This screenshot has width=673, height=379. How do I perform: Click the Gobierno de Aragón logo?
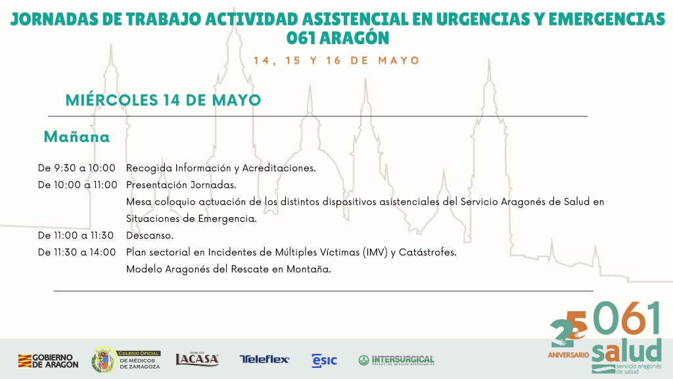pos(48,361)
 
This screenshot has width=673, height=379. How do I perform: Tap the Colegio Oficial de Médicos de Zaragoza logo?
pos(126,360)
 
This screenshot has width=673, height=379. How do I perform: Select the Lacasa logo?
pos(197,359)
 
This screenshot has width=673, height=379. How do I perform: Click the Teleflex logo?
pos(264,359)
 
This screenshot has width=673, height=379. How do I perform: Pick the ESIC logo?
pos(325,361)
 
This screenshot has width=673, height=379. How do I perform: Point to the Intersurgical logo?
pos(396,360)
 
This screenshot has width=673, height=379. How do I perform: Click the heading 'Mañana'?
pos(77,137)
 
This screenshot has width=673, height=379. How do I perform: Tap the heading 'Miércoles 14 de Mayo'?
pos(163,100)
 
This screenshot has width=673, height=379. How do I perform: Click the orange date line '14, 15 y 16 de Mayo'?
pos(336,60)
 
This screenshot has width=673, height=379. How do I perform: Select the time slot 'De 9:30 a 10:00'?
pos(77,168)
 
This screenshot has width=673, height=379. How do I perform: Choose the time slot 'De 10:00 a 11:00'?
pos(78,185)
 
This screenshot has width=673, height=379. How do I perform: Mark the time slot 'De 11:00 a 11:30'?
pos(76,236)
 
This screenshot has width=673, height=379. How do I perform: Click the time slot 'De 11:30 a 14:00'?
pos(77,252)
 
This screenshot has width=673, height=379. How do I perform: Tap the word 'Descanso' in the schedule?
pos(149,236)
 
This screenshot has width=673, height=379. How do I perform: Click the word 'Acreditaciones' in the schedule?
pos(278,168)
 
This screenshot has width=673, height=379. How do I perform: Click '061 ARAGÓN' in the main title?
pos(338,38)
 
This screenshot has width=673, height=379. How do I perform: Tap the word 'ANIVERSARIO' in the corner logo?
pos(569,355)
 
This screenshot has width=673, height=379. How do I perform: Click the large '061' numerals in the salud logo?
pos(627,318)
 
